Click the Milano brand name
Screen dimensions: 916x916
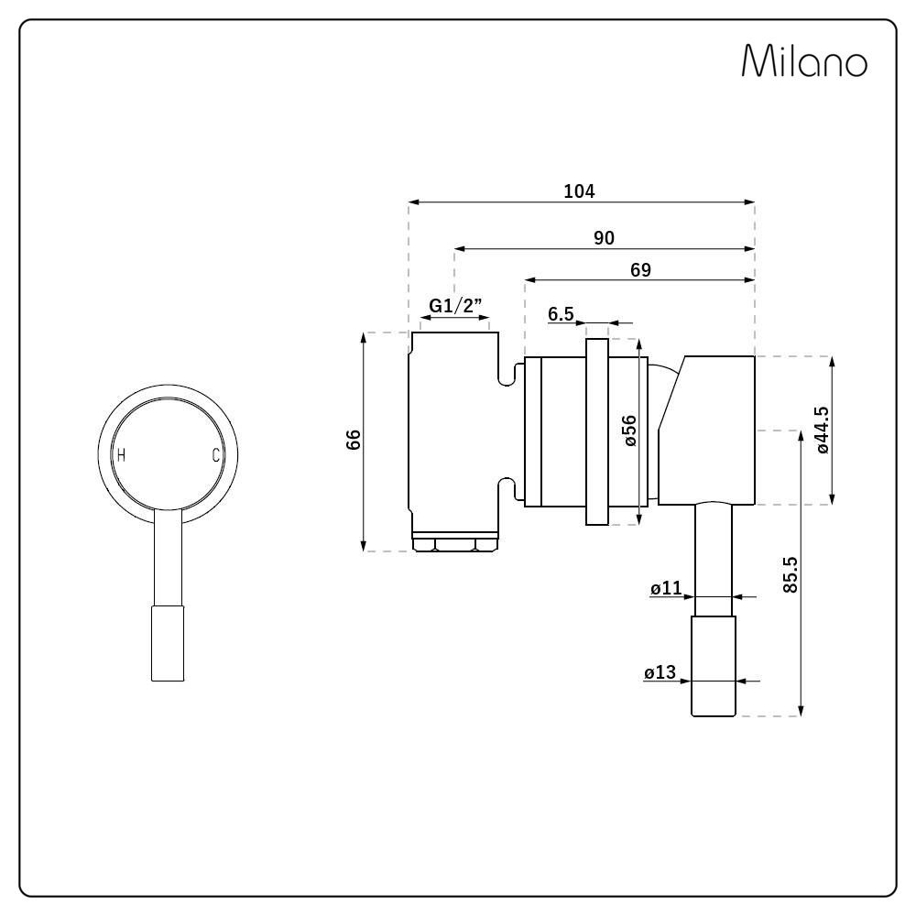(x=804, y=60)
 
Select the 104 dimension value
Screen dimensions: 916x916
(x=579, y=191)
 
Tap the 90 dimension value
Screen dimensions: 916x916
(x=604, y=238)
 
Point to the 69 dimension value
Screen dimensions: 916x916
(x=640, y=269)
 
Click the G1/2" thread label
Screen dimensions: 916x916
(x=455, y=305)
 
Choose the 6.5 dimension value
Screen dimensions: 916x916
(x=561, y=314)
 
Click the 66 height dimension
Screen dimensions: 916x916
(x=354, y=440)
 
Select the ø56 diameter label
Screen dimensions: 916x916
(x=629, y=431)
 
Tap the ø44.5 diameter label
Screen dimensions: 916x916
(x=822, y=430)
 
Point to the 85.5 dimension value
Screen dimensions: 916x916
(x=790, y=575)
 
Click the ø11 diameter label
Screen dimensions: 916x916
(x=666, y=588)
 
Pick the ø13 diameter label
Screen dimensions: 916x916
(x=660, y=672)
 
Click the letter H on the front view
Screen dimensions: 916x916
(x=121, y=454)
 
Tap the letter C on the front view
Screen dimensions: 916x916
(x=215, y=455)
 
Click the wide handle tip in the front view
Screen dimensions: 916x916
(x=168, y=643)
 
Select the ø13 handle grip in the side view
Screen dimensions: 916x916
(x=713, y=666)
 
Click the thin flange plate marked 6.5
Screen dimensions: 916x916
(x=597, y=431)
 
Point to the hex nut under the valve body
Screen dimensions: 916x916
(x=455, y=544)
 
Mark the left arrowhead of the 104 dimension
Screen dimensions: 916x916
(x=414, y=202)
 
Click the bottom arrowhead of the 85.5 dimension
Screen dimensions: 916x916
(x=801, y=711)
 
